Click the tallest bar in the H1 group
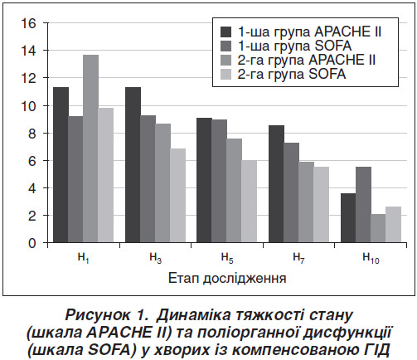[90, 148]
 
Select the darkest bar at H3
[133, 165]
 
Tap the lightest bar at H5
[250, 202]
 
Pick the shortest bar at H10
[378, 228]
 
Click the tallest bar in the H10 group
[363, 205]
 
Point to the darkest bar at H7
[276, 184]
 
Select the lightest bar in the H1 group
[105, 175]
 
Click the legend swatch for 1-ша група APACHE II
[225, 32]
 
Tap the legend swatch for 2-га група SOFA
[225, 75]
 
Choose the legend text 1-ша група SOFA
[294, 46]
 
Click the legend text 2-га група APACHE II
[307, 60]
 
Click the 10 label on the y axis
[28, 105]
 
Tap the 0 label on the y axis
[32, 243]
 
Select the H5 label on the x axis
[227, 259]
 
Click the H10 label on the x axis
[371, 259]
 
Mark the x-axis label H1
[84, 259]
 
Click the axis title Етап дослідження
[227, 279]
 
